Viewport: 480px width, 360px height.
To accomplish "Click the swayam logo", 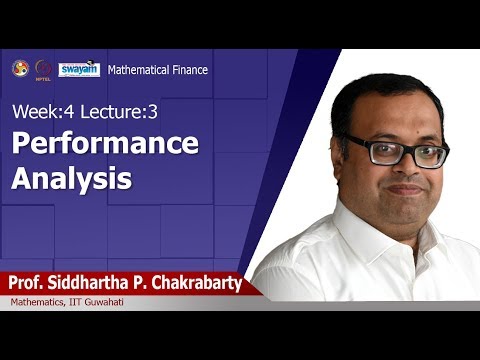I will pos(79,69).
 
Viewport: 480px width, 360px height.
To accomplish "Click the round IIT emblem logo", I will pos(20,68).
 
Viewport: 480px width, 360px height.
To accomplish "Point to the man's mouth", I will pos(405,189).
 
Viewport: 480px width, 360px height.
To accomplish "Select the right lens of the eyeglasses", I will pos(429,154).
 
